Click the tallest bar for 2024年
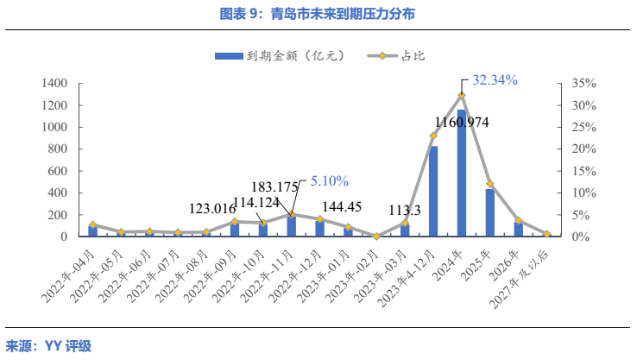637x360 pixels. pyautogui.click(x=462, y=173)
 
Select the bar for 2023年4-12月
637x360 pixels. pyautogui.click(x=433, y=191)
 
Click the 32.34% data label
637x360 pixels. pyautogui.click(x=495, y=80)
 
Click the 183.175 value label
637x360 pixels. pyautogui.click(x=274, y=186)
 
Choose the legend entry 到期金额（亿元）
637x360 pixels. pyautogui.click(x=285, y=55)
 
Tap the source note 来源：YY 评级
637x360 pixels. pyautogui.click(x=48, y=346)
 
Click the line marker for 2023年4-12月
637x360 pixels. pyautogui.click(x=433, y=136)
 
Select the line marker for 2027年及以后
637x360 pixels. pyautogui.click(x=546, y=234)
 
